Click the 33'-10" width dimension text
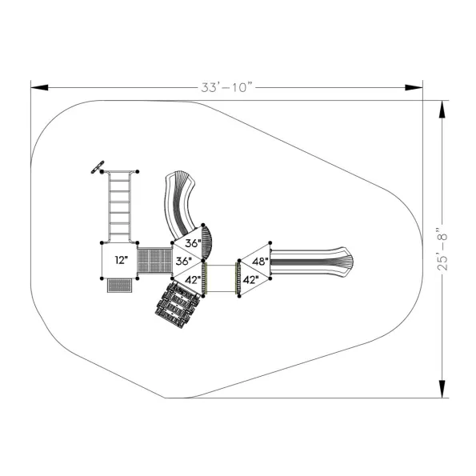[226, 87]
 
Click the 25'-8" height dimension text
[442, 248]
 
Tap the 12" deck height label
[122, 260]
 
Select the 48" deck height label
[260, 261]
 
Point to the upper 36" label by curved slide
[193, 243]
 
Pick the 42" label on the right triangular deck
[250, 279]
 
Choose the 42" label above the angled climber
[193, 279]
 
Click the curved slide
[181, 203]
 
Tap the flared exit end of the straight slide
[345, 262]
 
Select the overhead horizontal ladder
[119, 207]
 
